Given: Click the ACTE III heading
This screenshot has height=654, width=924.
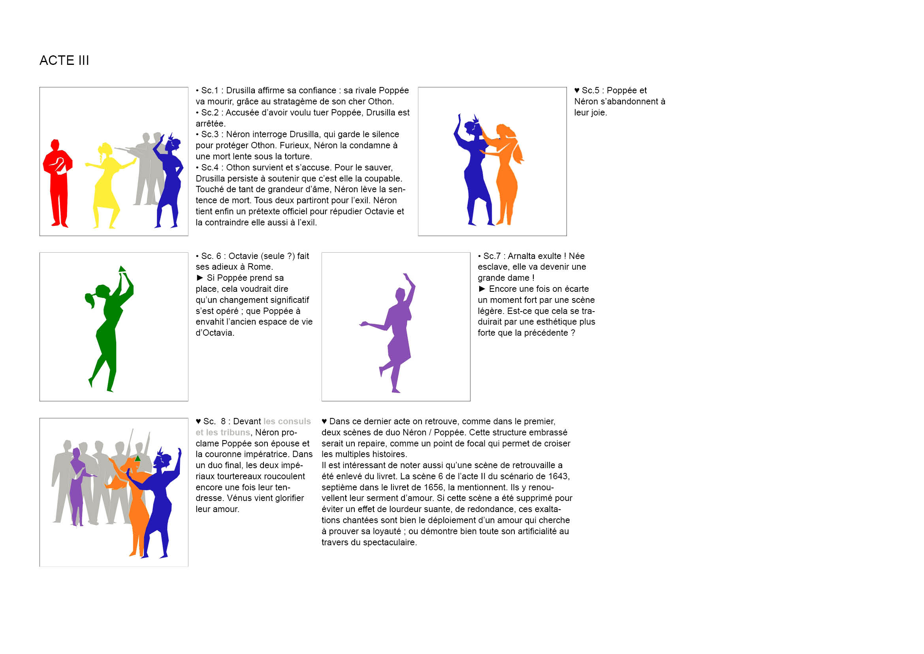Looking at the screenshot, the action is click(x=64, y=60).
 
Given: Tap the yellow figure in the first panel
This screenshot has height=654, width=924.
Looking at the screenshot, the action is click(x=107, y=185).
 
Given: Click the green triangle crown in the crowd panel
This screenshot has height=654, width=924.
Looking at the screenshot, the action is click(x=137, y=458).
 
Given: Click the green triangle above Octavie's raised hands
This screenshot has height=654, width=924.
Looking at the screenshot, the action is click(x=122, y=269).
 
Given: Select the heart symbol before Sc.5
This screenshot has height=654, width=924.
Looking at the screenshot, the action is click(x=577, y=91).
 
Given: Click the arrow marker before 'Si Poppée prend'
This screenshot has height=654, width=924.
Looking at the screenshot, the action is click(x=199, y=278).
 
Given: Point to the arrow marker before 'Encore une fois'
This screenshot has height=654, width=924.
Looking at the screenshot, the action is click(x=482, y=289).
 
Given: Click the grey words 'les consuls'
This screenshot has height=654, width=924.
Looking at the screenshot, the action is click(x=287, y=421).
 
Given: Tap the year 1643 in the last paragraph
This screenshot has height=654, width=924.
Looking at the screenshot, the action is click(x=559, y=476).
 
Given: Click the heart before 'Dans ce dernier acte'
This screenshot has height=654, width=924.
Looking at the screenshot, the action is click(x=324, y=422).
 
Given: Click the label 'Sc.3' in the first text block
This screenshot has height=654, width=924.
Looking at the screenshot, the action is click(x=210, y=134).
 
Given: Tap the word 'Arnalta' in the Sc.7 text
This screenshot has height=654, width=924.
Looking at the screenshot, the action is click(x=522, y=256).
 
